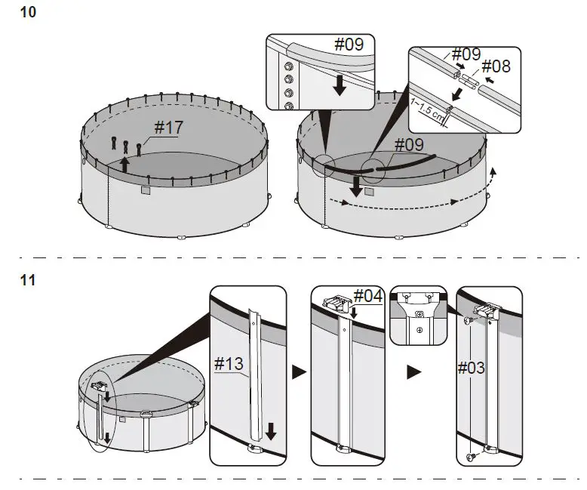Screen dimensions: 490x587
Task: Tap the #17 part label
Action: tap(168, 128)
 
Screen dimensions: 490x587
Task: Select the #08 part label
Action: tap(495, 66)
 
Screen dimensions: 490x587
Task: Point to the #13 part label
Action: tap(229, 365)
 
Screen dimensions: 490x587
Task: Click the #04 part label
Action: tap(368, 295)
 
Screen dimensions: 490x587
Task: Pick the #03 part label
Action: tap(471, 368)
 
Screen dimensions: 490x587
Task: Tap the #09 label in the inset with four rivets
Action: tap(349, 44)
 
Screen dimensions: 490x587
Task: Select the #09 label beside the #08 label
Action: tap(466, 54)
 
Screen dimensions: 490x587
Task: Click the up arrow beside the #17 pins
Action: tap(126, 164)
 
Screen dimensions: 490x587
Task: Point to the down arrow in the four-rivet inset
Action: tap(340, 84)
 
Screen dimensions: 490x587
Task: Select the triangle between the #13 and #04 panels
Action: tap(299, 372)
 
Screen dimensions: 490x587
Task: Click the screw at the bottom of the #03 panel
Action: tap(472, 457)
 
